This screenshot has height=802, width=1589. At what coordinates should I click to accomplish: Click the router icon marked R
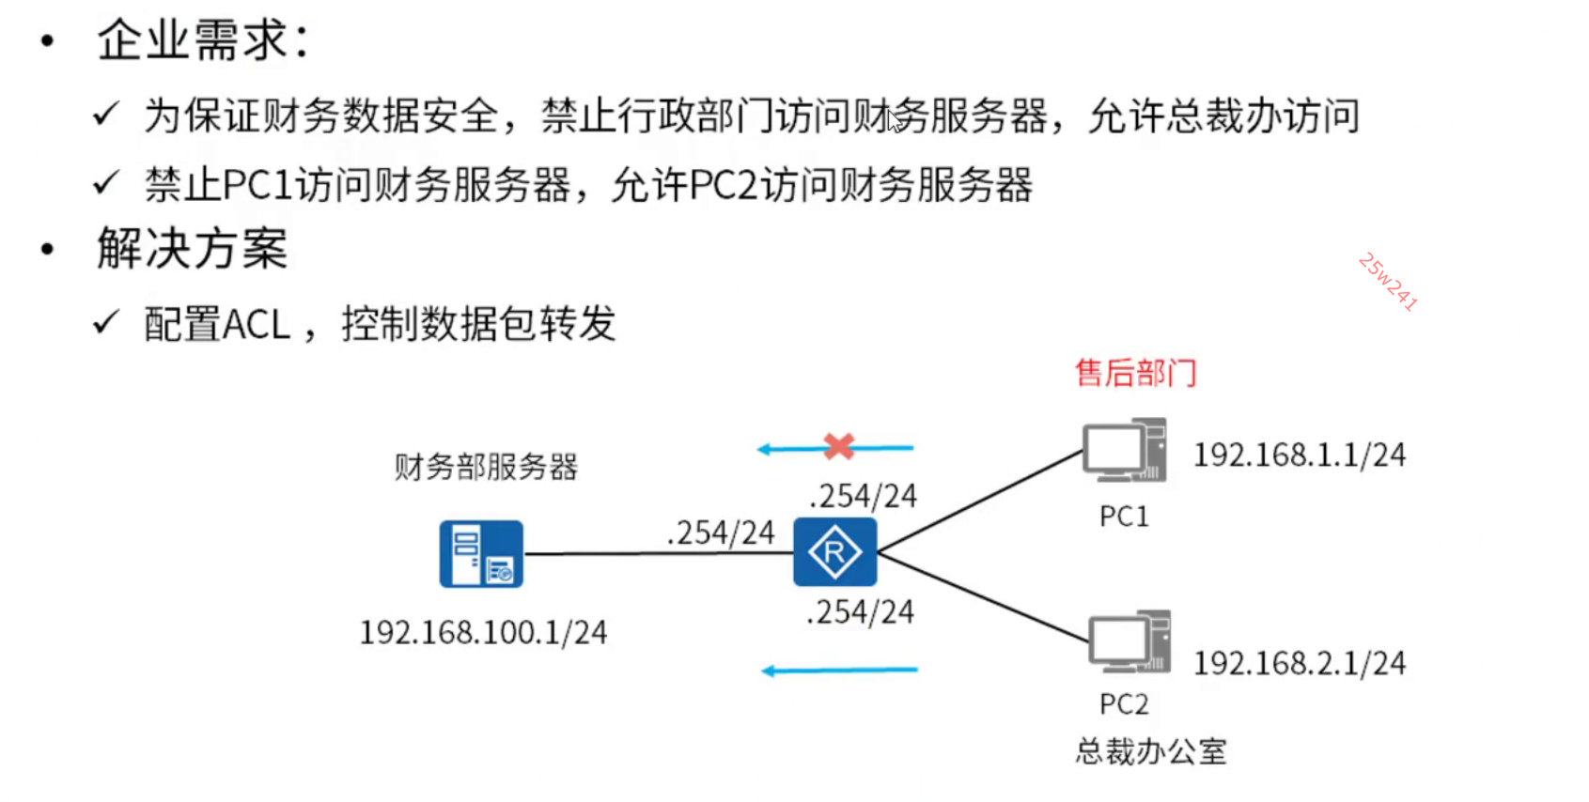[x=834, y=552]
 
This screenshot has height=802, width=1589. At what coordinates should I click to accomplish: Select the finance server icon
[x=481, y=554]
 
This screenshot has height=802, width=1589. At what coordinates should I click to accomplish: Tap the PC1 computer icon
[x=1124, y=451]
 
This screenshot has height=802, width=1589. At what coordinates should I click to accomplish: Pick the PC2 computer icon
[x=1129, y=641]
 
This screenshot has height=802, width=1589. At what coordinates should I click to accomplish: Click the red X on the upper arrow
[x=838, y=446]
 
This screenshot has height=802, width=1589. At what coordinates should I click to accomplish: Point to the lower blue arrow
[x=838, y=671]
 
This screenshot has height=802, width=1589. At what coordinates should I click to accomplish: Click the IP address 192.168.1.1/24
[x=1299, y=455]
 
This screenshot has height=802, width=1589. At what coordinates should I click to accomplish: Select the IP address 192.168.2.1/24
[x=1299, y=664]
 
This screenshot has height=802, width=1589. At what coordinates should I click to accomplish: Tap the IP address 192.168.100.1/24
[x=483, y=633]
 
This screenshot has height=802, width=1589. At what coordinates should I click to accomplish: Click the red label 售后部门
[x=1135, y=373]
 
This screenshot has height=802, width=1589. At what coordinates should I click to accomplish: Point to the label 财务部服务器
[x=485, y=467]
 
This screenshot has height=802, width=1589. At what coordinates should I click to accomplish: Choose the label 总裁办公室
[x=1150, y=751]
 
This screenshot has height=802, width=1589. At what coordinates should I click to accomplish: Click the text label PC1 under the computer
[x=1124, y=517]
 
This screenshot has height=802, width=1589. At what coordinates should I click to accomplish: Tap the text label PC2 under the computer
[x=1124, y=704]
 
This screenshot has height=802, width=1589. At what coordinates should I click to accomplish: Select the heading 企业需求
[x=202, y=41]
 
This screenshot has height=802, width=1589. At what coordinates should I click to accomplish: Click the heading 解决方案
[x=192, y=250]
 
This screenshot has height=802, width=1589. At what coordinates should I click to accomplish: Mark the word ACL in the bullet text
[x=256, y=325]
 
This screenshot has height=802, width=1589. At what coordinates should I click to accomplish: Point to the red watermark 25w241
[x=1387, y=282]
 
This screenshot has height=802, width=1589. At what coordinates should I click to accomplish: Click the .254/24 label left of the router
[x=720, y=532]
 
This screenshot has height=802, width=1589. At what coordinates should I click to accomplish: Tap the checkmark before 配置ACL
[x=106, y=323]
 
